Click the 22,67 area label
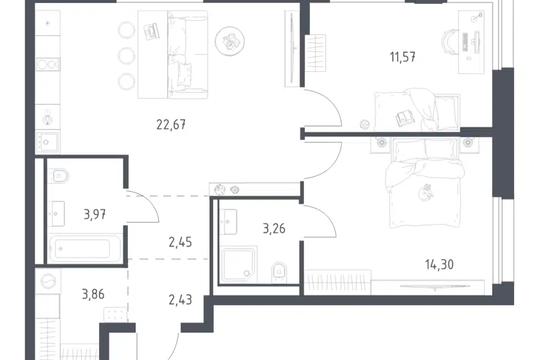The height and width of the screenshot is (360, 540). [171, 124]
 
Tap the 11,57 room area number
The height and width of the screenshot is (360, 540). [403, 57]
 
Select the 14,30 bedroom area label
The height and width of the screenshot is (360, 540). [439, 264]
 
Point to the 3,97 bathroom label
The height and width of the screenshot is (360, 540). [94, 215]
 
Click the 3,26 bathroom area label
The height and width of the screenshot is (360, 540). [274, 228]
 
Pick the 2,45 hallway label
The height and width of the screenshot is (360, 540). [180, 242]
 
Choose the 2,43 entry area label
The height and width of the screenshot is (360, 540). [180, 300]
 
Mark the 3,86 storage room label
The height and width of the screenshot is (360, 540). [93, 295]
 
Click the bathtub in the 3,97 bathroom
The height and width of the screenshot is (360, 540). [85, 248]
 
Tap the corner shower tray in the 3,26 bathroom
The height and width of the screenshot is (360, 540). [238, 264]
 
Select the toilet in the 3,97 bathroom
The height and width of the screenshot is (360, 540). [59, 175]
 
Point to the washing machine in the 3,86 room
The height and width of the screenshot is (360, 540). [48, 281]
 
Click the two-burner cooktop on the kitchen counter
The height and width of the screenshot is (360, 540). [47, 65]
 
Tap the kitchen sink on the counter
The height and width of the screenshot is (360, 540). [47, 142]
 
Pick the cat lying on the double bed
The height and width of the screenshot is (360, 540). [426, 192]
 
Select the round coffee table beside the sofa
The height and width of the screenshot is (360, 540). [229, 41]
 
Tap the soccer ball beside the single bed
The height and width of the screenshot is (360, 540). [364, 124]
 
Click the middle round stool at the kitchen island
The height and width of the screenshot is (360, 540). [126, 55]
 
